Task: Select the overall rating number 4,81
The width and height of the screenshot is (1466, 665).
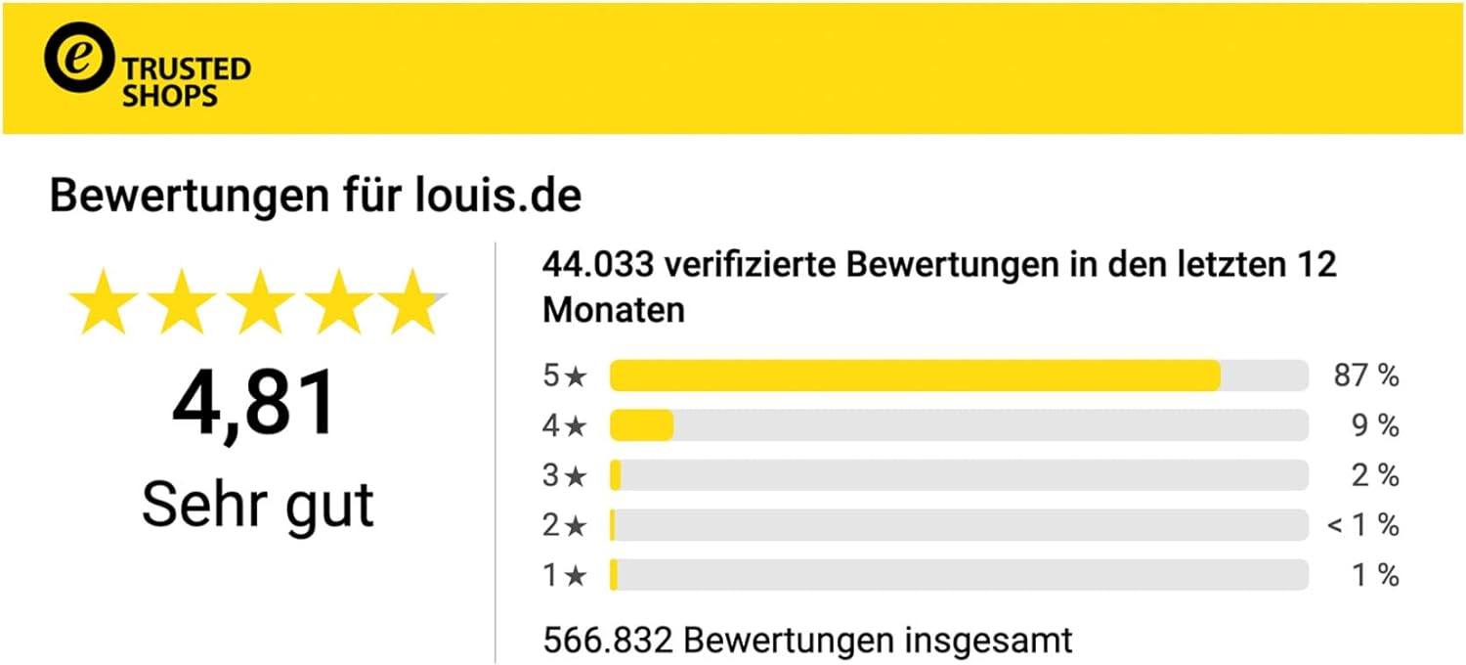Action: point(254,403)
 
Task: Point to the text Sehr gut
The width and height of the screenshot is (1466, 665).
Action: point(258,504)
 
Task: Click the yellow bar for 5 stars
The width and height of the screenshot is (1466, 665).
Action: point(915,376)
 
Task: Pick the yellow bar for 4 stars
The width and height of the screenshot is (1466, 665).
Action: point(641,425)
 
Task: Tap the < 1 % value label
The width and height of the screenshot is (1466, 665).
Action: point(1363,525)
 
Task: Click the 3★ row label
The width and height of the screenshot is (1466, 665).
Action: point(565,476)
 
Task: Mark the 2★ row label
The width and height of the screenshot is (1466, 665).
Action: point(565,526)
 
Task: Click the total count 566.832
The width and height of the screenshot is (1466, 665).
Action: point(608,641)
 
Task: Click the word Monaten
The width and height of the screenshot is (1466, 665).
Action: point(614,310)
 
